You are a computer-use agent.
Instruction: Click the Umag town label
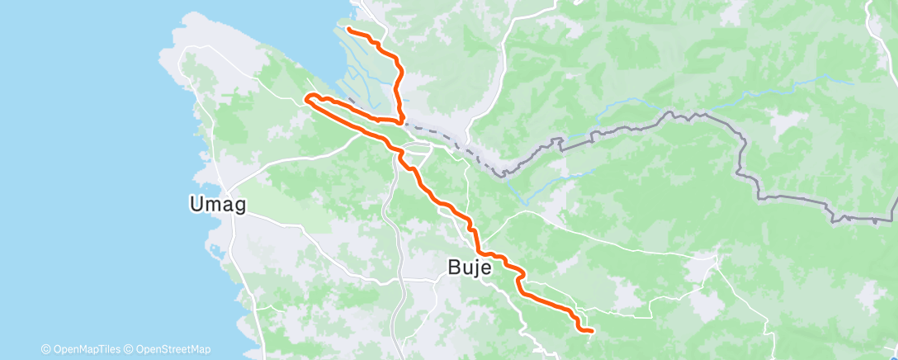[x=217, y=204]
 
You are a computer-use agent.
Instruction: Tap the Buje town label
[x=470, y=268]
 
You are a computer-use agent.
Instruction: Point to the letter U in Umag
[x=196, y=204]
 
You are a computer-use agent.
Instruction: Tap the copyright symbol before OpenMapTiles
[x=45, y=349]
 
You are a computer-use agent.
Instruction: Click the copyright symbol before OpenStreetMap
[x=130, y=349]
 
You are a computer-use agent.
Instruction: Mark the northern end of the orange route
[x=348, y=30]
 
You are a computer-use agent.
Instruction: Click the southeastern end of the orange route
[x=592, y=330]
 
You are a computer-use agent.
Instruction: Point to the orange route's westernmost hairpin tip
[x=308, y=98]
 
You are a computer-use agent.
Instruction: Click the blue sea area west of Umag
[x=83, y=165]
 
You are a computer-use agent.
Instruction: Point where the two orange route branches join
[x=399, y=122]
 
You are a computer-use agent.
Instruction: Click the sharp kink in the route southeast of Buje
[x=520, y=279]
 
